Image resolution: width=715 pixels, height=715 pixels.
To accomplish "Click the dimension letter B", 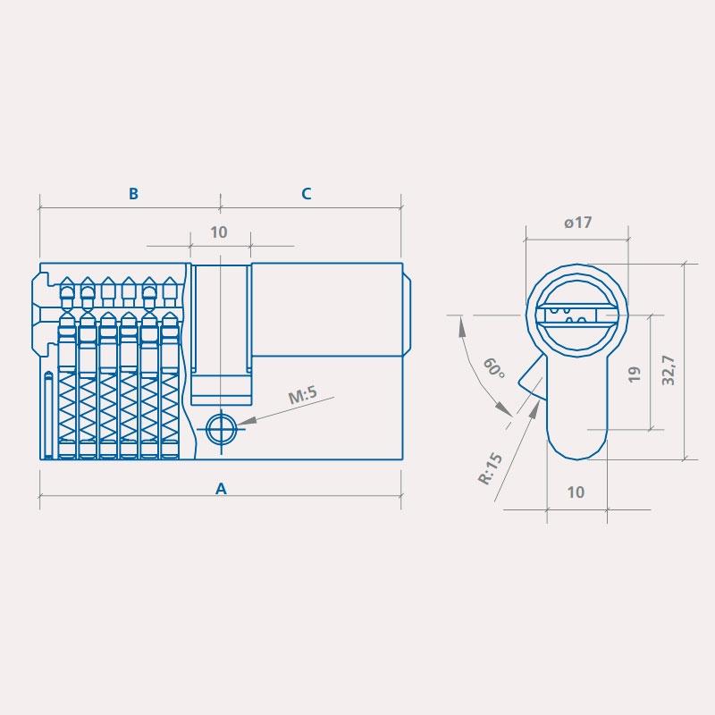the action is coord(133,193).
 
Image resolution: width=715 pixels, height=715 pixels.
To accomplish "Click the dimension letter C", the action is coord(307,194).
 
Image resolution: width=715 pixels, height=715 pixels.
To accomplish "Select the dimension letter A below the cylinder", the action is coord(221,489).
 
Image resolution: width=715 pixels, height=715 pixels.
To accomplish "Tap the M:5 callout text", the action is coord(303,395).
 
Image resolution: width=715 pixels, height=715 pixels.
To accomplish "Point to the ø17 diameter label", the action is coord(577,223).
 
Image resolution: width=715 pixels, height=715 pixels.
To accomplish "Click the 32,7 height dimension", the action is coord(669,370).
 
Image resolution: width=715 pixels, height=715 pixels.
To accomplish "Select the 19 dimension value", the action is coord(635,374).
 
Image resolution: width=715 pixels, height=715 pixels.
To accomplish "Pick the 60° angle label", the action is coord(494,367).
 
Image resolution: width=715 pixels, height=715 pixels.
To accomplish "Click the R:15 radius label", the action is coord(490,467).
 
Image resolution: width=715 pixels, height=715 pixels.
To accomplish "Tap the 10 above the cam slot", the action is coord(219,232).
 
